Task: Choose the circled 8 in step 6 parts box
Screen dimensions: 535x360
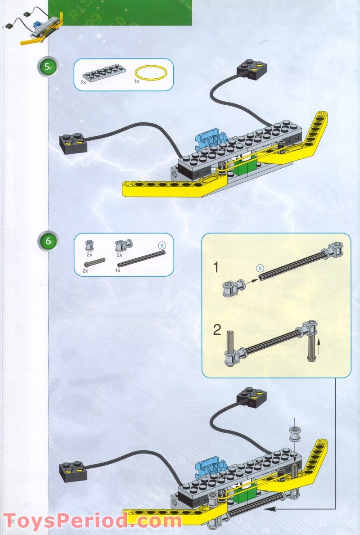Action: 162,245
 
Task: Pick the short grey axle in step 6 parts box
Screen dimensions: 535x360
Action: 94,262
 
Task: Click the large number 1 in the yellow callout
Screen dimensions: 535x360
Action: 216,268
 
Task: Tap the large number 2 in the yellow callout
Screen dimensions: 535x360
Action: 217,331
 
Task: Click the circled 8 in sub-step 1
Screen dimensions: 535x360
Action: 260,268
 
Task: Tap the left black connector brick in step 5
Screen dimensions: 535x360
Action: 74,143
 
